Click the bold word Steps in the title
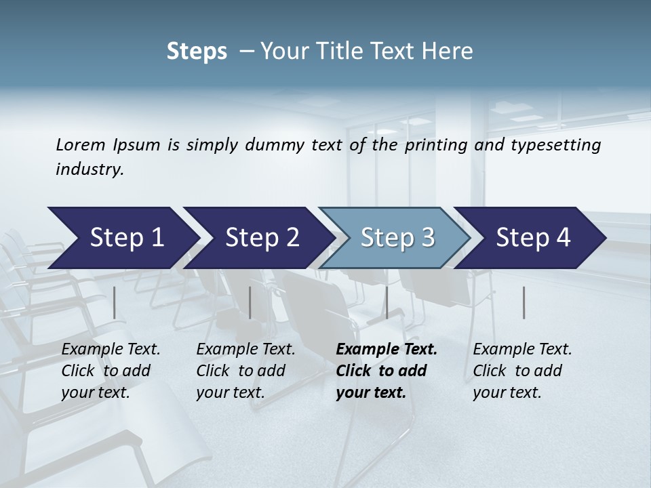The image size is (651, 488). point(197,52)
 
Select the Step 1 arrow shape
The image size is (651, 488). point(122,238)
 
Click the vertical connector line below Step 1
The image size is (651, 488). point(115,302)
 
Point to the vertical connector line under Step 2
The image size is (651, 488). point(250,302)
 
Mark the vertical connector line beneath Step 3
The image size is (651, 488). point(387,302)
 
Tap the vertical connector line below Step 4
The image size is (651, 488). point(524,302)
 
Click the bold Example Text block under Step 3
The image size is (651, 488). point(387,371)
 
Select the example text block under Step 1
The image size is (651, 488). point(111,371)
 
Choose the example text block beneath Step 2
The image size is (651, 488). point(245,371)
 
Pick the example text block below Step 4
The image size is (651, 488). point(522,371)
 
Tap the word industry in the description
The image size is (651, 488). point(90,169)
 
